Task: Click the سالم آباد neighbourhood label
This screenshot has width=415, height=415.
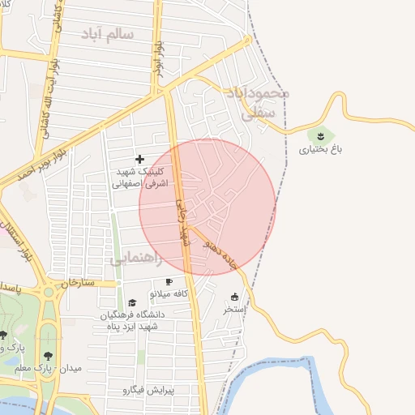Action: click(107, 34)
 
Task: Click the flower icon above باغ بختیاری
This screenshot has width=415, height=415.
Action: click(322, 135)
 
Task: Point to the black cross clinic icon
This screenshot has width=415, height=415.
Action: click(139, 159)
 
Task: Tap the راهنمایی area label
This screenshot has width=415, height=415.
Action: click(135, 259)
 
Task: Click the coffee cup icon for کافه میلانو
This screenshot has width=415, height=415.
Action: click(169, 281)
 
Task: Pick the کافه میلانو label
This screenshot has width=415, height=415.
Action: click(169, 293)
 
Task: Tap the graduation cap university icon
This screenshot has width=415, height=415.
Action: click(132, 302)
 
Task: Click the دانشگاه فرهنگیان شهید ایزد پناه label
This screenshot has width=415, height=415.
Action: click(132, 319)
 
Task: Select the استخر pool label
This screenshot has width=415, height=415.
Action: click(235, 309)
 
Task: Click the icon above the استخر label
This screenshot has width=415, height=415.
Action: click(235, 297)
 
